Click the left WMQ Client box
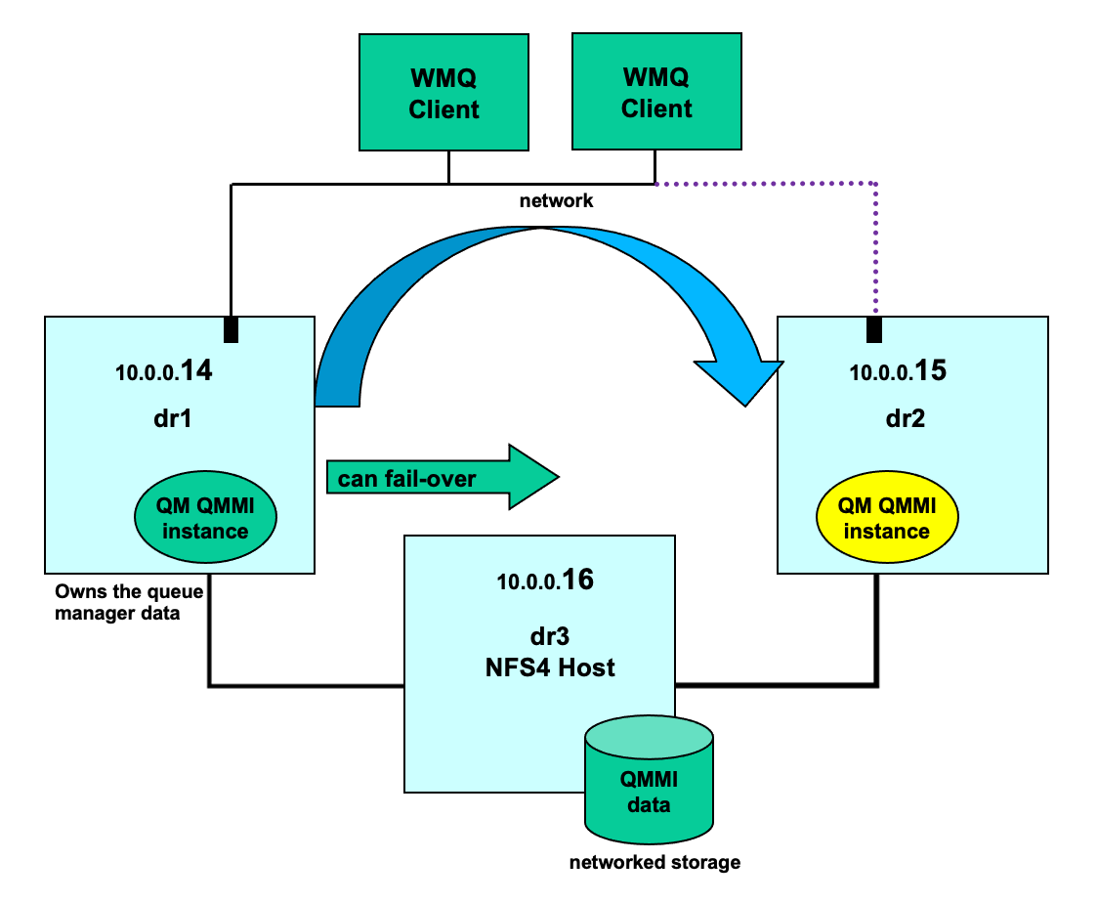click(443, 92)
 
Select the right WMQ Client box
click(656, 91)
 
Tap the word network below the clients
click(556, 201)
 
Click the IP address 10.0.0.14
click(164, 370)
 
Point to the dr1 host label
click(172, 418)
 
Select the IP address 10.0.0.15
click(898, 370)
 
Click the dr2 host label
click(906, 418)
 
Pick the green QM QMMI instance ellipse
click(205, 517)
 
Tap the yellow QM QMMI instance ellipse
click(887, 517)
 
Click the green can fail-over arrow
click(443, 477)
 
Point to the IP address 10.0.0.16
click(545, 580)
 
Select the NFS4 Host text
click(550, 667)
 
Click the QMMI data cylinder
click(650, 780)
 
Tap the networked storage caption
click(655, 862)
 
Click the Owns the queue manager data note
click(129, 602)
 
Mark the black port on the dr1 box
click(232, 330)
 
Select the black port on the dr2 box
click(874, 330)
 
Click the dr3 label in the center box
click(550, 636)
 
